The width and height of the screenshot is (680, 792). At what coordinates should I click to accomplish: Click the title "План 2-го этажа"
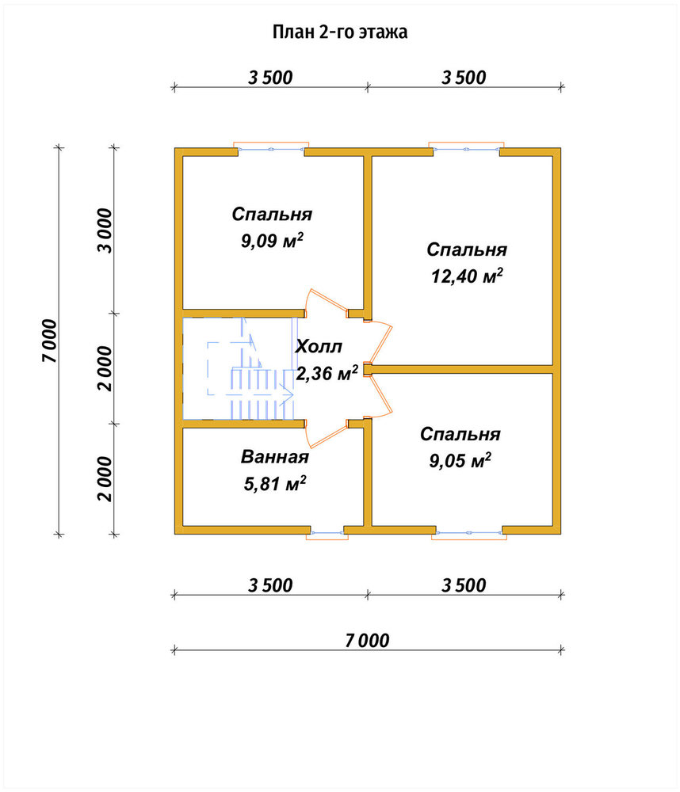coord(340,32)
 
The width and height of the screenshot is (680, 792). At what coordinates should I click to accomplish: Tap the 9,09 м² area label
coord(272,241)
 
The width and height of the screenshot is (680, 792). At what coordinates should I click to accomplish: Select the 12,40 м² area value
coord(467,276)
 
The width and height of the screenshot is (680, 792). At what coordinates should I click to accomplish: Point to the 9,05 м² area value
coord(460,460)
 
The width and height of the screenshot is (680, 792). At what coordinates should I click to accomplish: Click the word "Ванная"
coord(274,457)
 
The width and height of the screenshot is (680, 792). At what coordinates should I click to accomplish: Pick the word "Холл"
coord(319,347)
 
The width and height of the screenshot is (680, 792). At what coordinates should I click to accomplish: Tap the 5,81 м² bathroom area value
coord(274,483)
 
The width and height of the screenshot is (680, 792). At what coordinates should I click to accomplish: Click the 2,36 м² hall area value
coord(327,373)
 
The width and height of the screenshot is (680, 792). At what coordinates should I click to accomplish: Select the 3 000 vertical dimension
coord(105,230)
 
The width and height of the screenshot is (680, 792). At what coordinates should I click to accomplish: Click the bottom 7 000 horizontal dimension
coord(367,641)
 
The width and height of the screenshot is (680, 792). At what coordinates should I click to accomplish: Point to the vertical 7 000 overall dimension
coord(50,341)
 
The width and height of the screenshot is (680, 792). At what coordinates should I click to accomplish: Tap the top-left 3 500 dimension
coord(270,78)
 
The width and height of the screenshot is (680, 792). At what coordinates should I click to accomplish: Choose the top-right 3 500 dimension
coord(464,78)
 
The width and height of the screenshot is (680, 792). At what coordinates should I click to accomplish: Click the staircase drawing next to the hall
coord(238,368)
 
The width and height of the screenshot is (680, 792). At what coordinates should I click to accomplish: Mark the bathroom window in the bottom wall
coord(327,533)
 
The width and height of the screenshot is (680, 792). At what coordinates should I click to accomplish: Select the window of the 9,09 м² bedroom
coord(271,148)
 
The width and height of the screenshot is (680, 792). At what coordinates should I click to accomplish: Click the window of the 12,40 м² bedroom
coord(466,148)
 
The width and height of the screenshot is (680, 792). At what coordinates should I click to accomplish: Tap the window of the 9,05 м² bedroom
coord(469,533)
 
